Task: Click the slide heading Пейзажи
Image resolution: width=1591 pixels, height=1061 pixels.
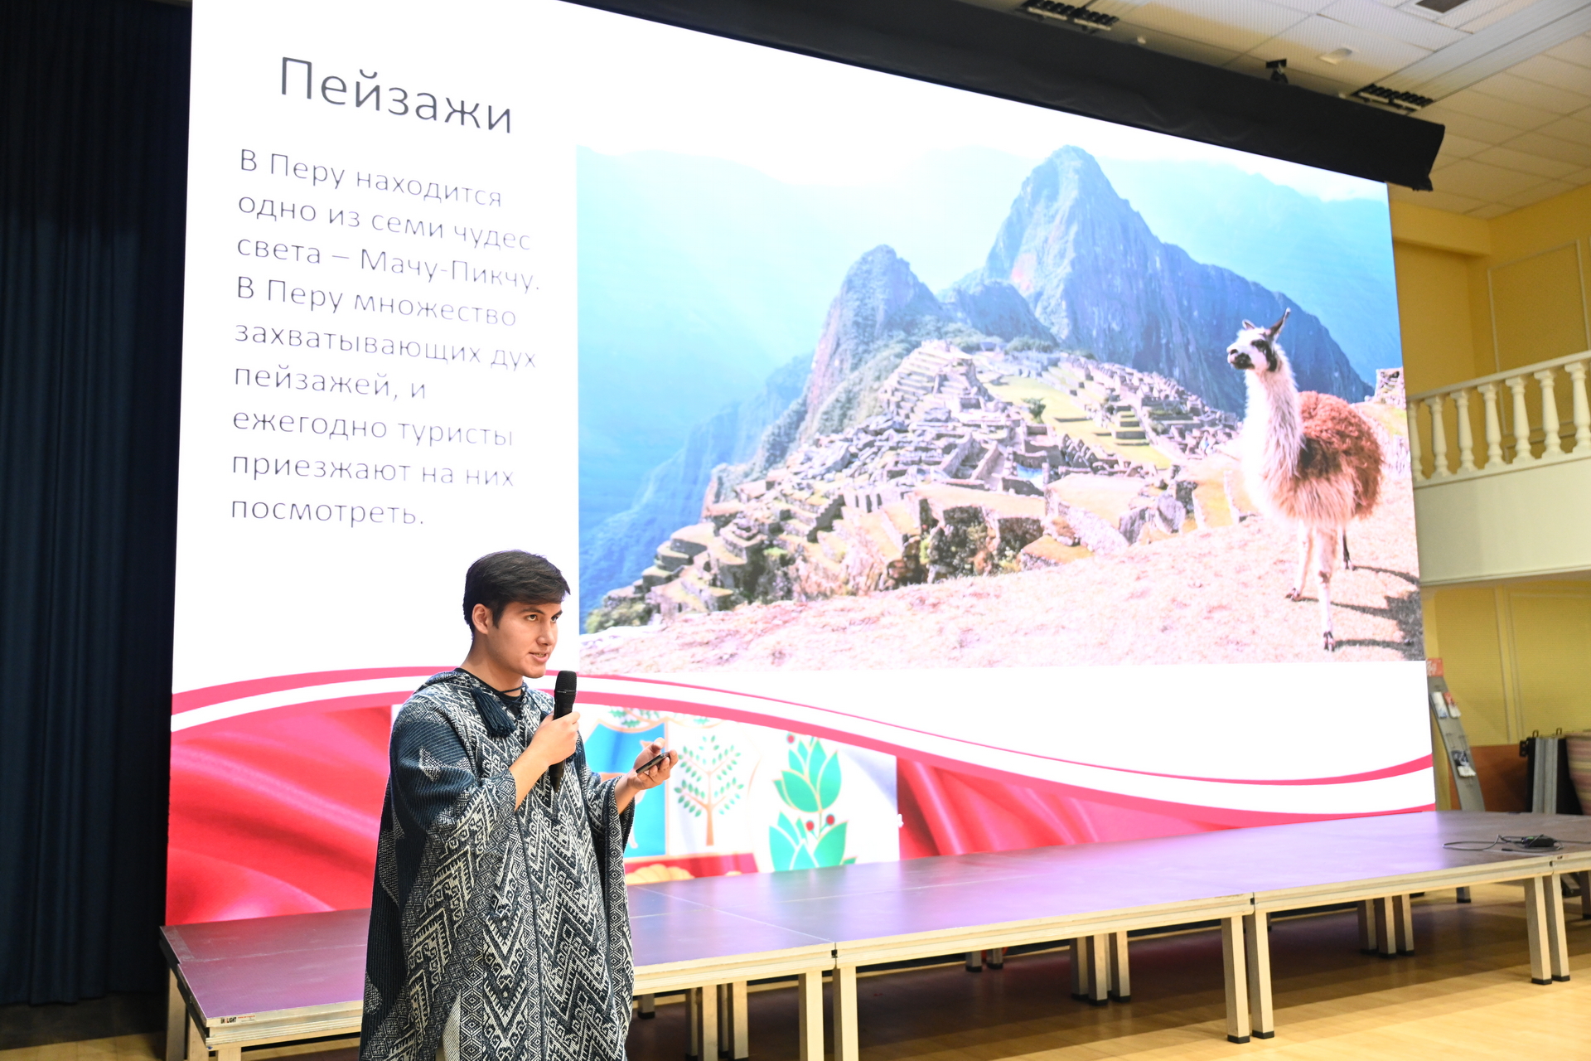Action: [x=395, y=94]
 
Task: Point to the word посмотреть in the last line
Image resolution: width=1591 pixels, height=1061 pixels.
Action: [x=327, y=509]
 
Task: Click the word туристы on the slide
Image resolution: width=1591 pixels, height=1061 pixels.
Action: [x=455, y=433]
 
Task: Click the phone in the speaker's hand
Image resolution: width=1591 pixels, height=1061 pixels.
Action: [x=652, y=762]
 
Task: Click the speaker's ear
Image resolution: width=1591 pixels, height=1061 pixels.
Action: [x=480, y=618]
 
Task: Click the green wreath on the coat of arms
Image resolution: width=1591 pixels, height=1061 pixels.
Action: [x=808, y=808]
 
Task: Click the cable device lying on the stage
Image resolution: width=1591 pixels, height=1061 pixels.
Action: [x=1538, y=841]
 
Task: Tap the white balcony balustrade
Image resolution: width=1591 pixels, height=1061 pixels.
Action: [x=1499, y=419]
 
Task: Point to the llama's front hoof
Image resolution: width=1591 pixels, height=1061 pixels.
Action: [x=1328, y=642]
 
